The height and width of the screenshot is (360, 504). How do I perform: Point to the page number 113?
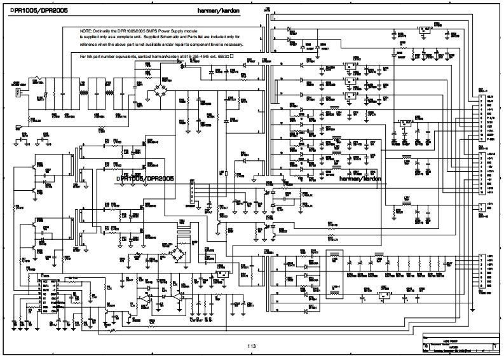tap(252, 346)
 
